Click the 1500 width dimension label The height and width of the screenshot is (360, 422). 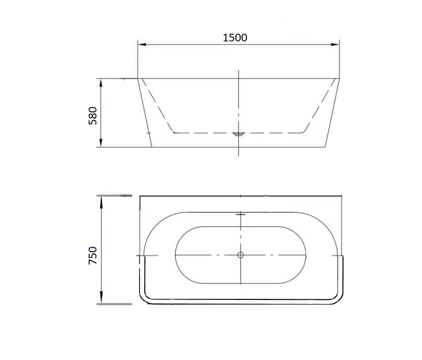pos(235,37)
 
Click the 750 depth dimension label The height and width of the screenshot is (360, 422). pos(93,256)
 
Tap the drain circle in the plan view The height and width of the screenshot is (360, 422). pos(240,255)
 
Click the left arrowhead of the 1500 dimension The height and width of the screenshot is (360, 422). pos(141,45)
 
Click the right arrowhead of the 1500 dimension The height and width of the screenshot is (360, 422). pos(335,45)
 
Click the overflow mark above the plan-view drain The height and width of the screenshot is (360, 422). pos(240,213)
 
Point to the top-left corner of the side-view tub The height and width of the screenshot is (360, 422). pos(138,79)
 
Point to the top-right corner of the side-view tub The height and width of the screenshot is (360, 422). pos(340,79)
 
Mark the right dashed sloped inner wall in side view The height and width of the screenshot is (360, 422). pos(318,106)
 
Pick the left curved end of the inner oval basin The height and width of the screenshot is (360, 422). pos(176,255)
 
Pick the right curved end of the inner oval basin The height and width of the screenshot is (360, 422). pos(305,255)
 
